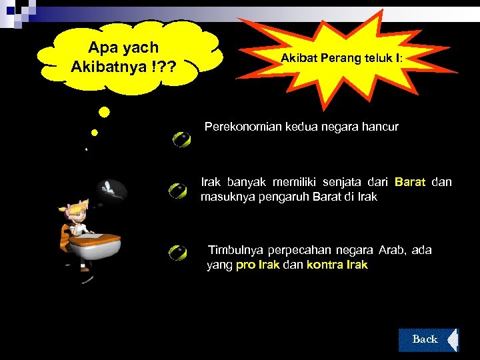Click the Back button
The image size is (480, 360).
coord(425,339)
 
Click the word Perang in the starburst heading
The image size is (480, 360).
coord(341,59)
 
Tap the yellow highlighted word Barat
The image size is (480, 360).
coord(409,181)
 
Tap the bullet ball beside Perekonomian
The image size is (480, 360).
coord(181,139)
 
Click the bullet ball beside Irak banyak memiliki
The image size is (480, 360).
coord(178,191)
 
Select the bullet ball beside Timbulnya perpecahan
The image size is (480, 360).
coord(178,253)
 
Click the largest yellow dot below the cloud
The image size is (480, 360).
coord(104,112)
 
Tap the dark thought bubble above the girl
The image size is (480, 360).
coord(111,191)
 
